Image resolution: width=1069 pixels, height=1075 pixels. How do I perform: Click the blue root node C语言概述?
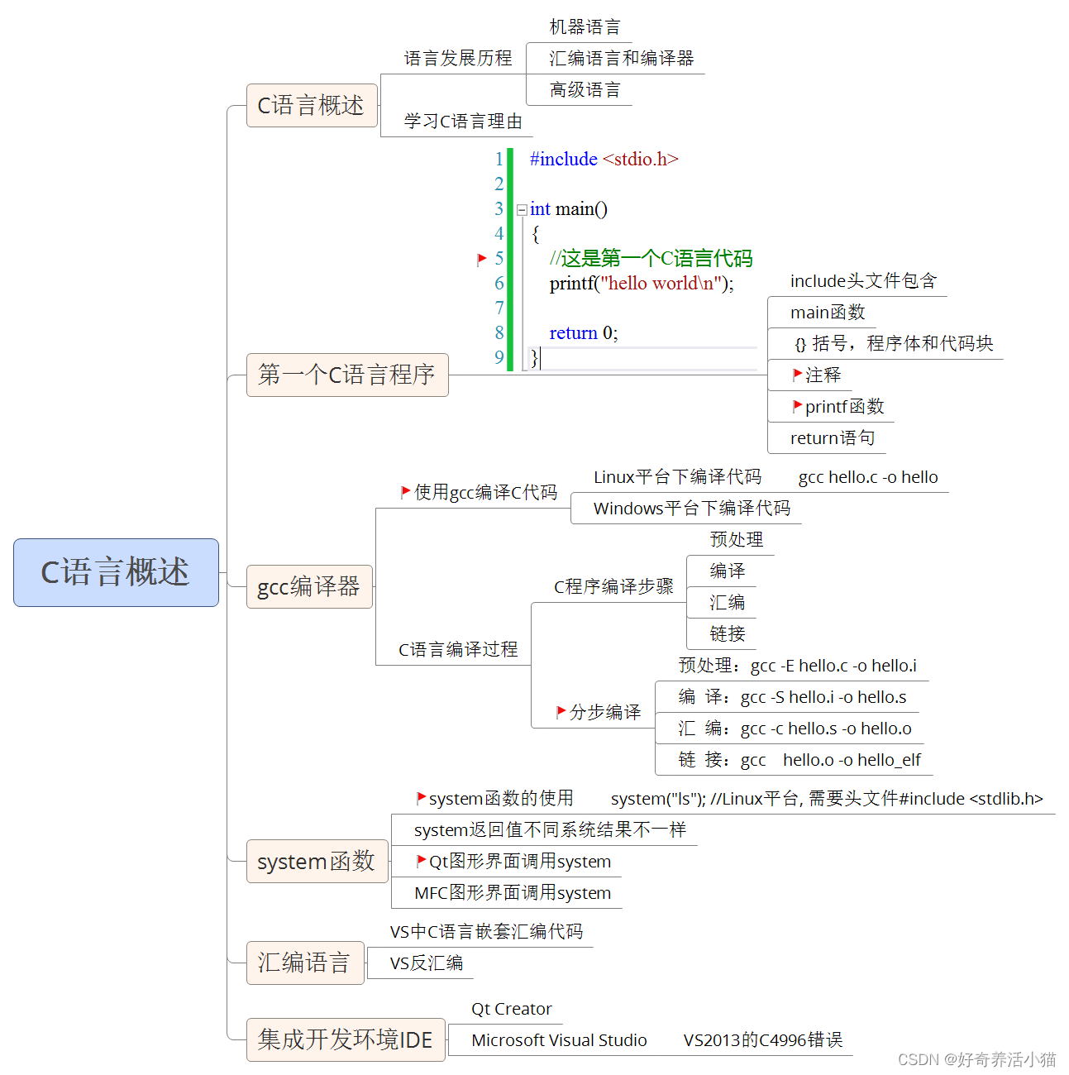click(116, 572)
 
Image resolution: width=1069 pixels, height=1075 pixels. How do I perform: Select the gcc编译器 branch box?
click(309, 586)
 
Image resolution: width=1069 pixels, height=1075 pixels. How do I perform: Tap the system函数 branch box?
click(317, 861)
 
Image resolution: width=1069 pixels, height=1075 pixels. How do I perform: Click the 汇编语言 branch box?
click(304, 963)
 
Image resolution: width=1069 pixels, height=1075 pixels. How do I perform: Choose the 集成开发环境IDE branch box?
click(345, 1039)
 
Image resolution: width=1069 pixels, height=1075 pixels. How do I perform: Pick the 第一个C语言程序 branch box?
click(346, 375)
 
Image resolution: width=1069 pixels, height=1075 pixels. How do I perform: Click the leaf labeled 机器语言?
click(585, 27)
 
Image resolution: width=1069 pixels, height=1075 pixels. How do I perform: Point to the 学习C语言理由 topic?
click(463, 122)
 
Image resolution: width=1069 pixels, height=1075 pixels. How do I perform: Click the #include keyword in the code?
click(563, 159)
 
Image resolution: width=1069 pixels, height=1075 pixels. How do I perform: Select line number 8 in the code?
click(499, 332)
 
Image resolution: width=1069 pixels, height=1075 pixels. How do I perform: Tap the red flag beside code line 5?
click(481, 259)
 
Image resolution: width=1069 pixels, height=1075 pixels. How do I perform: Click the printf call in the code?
click(571, 284)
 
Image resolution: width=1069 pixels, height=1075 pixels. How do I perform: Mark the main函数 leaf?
click(827, 313)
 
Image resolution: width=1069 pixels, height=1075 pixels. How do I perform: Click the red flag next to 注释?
click(797, 375)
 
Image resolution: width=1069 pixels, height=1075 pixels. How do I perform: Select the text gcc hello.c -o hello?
click(867, 477)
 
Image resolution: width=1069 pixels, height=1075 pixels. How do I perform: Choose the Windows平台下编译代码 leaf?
click(691, 509)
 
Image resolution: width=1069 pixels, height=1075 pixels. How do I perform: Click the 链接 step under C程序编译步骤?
click(727, 634)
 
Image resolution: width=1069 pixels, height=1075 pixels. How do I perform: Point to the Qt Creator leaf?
click(511, 1009)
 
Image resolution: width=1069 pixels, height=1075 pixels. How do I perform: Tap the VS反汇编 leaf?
click(426, 963)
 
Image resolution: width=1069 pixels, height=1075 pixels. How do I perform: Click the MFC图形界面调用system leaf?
click(512, 893)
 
